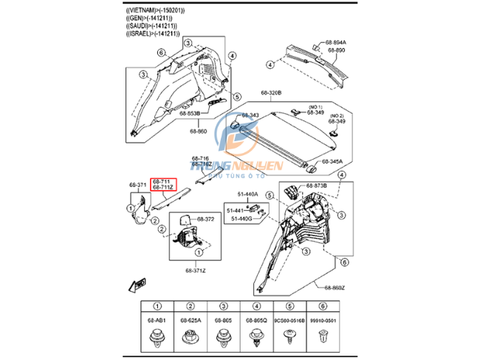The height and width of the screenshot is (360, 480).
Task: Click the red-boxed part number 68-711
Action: pos(162,180)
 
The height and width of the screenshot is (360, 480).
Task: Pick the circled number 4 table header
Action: pos(256,307)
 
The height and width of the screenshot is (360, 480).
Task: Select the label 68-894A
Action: pos(335,43)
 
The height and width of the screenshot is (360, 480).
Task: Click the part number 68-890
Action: pos(335,50)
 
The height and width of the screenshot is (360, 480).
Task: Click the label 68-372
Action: pos(205,220)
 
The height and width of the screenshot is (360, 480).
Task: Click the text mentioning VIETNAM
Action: pos(155,11)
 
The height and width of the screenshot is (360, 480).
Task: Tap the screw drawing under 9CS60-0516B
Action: pos(289,338)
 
